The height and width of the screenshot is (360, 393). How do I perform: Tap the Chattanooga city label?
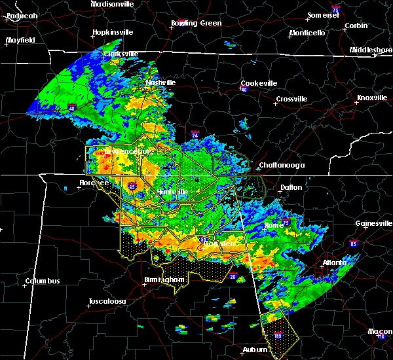(x=282, y=165)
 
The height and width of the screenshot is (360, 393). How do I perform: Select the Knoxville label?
(x=371, y=98)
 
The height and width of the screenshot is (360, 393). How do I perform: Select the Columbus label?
(x=43, y=281)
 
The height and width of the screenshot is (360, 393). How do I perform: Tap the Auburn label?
(x=256, y=350)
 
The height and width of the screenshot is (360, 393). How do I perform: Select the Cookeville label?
(x=259, y=83)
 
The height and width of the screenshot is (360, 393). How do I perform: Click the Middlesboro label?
(x=370, y=50)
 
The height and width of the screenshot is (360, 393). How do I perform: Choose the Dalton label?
(x=292, y=187)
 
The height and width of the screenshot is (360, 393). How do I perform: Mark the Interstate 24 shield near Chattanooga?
(x=196, y=135)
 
